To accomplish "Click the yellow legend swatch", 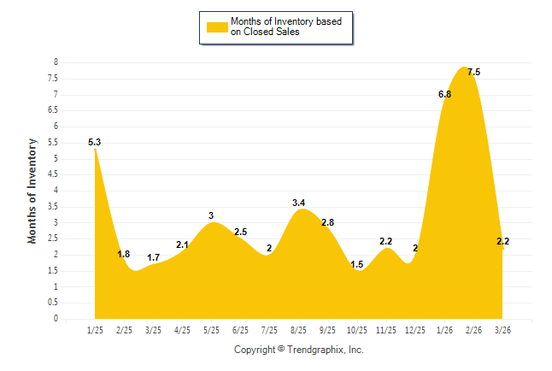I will (216, 26).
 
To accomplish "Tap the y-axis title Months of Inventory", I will (32, 191).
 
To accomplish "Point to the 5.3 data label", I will (95, 142).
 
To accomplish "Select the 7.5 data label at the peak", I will (473, 73).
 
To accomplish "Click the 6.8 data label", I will (444, 94).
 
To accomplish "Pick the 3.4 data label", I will (298, 203).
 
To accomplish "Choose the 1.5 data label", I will (356, 264).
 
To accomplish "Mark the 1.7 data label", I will (154, 257).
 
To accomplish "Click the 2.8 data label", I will (327, 222).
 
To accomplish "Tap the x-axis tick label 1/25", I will (95, 331).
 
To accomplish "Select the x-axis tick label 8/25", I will (298, 331).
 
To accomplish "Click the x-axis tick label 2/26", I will (473, 331).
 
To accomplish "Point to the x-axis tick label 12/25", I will (415, 331).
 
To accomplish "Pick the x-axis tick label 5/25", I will (211, 331).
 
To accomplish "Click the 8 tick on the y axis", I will (56, 62).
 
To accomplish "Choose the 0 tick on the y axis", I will (56, 319).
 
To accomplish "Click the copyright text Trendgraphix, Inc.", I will (298, 350).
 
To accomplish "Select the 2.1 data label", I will (182, 245).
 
